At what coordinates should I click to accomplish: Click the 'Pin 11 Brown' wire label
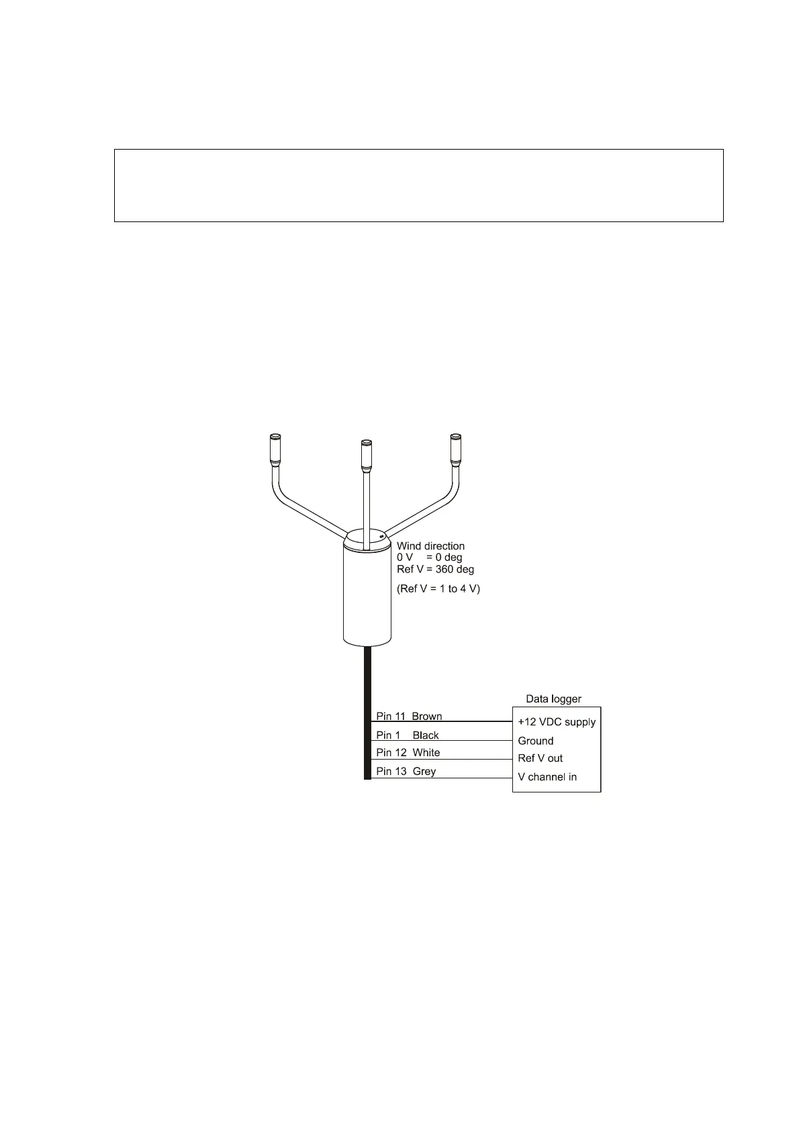point(409,716)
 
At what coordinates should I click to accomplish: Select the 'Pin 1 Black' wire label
point(407,735)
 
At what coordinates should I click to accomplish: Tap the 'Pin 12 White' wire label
point(408,752)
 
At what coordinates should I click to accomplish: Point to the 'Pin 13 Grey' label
point(406,771)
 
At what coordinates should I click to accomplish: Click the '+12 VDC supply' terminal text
point(557,722)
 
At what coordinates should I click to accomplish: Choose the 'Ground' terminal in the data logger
point(536,741)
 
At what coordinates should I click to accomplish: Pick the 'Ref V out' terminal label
point(540,758)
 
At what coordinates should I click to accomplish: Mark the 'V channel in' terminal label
point(547,777)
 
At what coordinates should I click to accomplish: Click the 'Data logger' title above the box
point(553,699)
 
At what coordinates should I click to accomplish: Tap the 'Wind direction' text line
point(430,546)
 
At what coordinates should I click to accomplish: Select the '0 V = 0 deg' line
point(429,558)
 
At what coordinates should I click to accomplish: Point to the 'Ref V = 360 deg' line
point(435,569)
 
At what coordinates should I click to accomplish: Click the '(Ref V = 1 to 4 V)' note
point(438,588)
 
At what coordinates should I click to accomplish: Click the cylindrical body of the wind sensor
point(367,597)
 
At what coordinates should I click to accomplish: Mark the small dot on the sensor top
point(381,536)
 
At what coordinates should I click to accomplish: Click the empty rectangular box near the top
point(418,185)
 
